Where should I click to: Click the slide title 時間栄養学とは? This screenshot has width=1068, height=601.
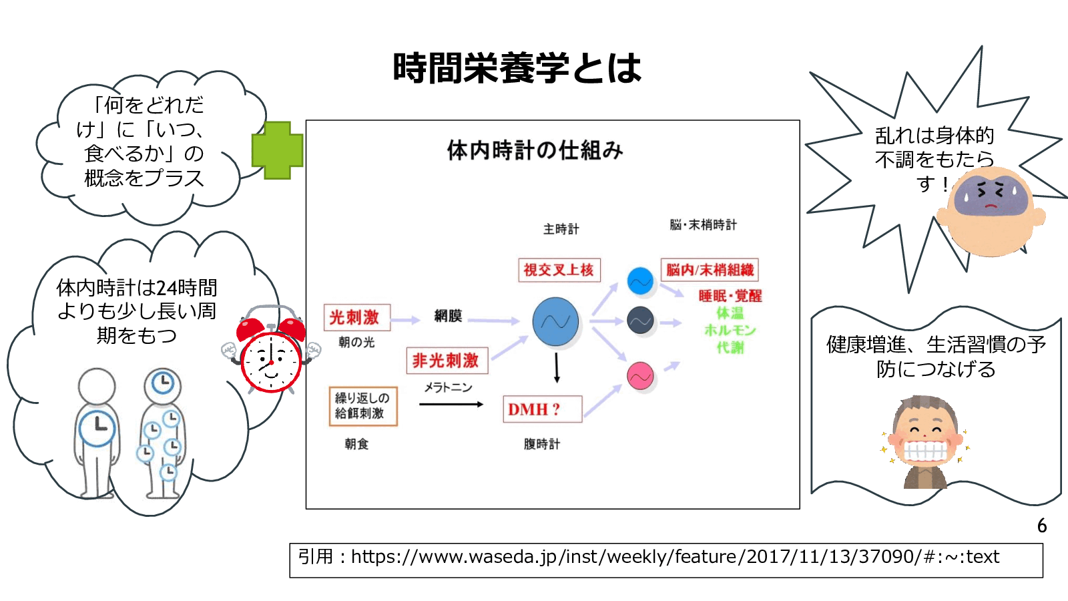tap(517, 68)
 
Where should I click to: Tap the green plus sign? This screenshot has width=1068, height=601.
tap(277, 151)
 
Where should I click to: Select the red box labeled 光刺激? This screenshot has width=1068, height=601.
tap(356, 318)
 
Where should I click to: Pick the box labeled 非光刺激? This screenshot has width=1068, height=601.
tap(447, 361)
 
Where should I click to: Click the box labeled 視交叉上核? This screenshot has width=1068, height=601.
tap(559, 270)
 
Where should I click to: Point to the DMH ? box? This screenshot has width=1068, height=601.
tap(541, 409)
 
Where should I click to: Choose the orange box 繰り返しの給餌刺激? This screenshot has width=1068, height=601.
tap(362, 406)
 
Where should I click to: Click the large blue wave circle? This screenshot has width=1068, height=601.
tap(555, 322)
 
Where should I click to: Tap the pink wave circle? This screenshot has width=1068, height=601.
tap(640, 376)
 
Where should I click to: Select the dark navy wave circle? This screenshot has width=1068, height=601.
tap(640, 321)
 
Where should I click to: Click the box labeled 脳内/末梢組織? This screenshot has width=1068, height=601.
tap(710, 270)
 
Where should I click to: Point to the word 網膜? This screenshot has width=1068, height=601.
tap(448, 316)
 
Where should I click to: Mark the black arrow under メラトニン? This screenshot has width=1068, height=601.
tap(451, 404)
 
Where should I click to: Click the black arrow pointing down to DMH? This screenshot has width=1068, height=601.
tap(557, 367)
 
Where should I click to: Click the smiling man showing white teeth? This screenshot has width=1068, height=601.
tap(925, 441)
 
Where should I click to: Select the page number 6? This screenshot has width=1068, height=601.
tap(1041, 526)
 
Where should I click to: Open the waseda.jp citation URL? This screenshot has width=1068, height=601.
tap(674, 557)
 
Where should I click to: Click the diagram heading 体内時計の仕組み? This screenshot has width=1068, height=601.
tap(535, 151)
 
